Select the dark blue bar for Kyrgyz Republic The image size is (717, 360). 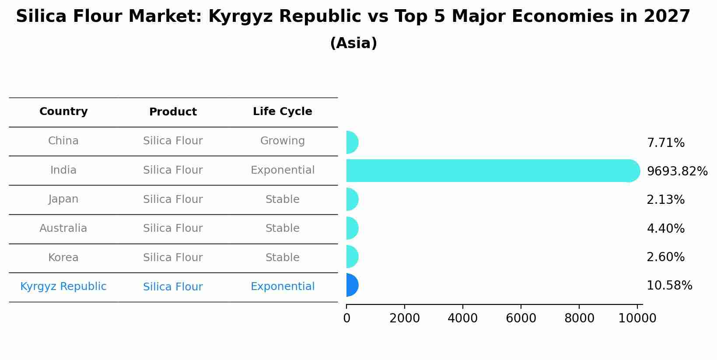(x=352, y=285)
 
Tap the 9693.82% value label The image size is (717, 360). (x=677, y=171)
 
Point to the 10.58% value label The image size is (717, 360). (x=669, y=286)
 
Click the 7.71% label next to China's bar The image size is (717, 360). (x=665, y=143)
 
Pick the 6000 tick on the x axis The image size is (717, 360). (x=521, y=318)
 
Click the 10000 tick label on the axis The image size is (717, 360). (x=637, y=318)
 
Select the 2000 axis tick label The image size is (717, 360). (x=404, y=318)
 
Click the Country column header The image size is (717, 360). (x=63, y=112)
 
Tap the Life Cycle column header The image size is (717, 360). (x=282, y=112)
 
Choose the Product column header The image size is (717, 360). (x=173, y=112)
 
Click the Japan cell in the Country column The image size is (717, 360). (x=63, y=199)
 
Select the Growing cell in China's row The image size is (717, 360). (x=282, y=141)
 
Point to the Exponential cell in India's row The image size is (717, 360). (x=282, y=170)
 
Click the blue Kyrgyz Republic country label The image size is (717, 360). (x=63, y=287)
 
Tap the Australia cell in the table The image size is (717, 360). (x=63, y=228)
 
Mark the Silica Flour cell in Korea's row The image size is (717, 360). (x=173, y=258)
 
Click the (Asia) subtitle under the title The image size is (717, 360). (x=353, y=43)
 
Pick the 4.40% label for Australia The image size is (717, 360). (x=665, y=229)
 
